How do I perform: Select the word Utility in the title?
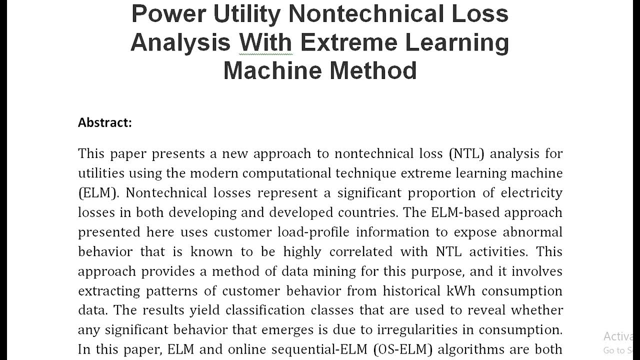pyautogui.click(x=247, y=14)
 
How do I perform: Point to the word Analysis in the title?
pyautogui.click(x=180, y=42)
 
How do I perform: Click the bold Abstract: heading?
pyautogui.click(x=105, y=122)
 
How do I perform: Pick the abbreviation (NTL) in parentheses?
pyautogui.click(x=466, y=153)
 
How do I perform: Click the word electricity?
pyautogui.click(x=531, y=193)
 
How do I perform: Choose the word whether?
pyautogui.click(x=537, y=310)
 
